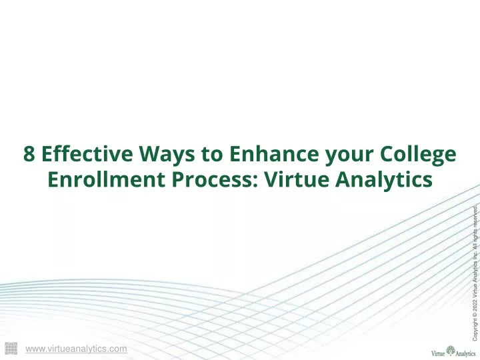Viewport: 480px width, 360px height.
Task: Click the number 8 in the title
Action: pos(29,153)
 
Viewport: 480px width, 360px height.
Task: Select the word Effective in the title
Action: pos(87,153)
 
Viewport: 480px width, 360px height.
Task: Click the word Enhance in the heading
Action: pos(274,153)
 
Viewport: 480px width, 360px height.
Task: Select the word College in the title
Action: pos(418,155)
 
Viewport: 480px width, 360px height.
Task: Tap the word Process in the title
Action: pos(215,179)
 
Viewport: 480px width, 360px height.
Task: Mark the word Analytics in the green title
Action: pos(383,181)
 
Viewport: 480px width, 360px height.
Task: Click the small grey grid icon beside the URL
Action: pos(11,349)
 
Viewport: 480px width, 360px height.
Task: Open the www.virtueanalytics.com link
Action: pos(76,349)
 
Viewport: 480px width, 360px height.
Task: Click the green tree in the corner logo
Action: pos(450,351)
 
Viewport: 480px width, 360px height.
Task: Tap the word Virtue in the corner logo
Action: pos(438,353)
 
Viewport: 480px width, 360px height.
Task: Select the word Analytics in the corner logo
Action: pos(465,354)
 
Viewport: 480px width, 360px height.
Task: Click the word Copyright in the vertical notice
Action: pos(475,330)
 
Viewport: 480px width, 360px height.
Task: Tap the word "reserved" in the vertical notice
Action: pos(475,216)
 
